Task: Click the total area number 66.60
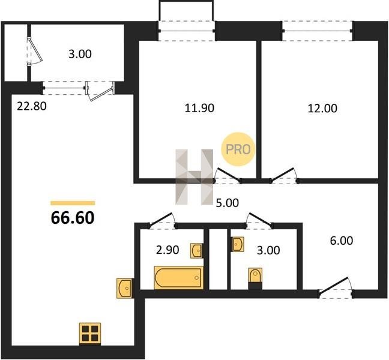click(x=73, y=218)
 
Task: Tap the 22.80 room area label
click(x=32, y=106)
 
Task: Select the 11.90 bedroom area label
click(x=199, y=108)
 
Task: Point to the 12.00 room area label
click(x=322, y=109)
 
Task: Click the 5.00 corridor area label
click(x=228, y=203)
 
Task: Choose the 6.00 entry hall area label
click(x=342, y=241)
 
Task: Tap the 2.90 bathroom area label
click(x=167, y=250)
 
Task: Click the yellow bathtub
click(x=179, y=278)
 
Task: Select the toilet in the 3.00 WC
click(x=255, y=276)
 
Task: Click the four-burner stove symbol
click(x=90, y=333)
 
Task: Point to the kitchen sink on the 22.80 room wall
click(x=124, y=288)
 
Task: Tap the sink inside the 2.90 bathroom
click(x=196, y=251)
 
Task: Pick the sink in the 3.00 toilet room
click(x=238, y=244)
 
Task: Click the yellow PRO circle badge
click(x=238, y=149)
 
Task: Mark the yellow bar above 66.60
click(x=73, y=203)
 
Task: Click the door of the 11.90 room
click(x=228, y=176)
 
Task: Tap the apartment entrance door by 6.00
click(x=336, y=287)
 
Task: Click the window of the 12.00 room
click(x=318, y=31)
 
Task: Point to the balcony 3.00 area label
click(x=80, y=54)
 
